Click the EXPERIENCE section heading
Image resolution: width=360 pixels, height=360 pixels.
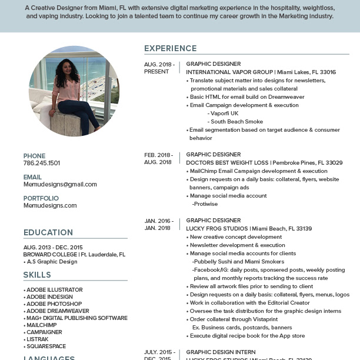pos(171,48)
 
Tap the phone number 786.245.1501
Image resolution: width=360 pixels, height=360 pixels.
pos(41,163)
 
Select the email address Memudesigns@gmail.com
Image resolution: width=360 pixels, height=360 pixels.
pos(60,184)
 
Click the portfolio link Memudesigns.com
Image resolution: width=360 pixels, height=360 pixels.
pos(50,205)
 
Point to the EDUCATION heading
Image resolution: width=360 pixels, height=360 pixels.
pos(48,232)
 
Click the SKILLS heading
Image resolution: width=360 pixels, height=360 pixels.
pos(37,275)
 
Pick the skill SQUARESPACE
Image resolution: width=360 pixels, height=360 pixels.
pos(46,346)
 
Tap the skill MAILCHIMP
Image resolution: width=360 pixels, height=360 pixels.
pos(41,325)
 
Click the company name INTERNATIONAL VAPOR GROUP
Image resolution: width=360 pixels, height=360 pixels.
pos(230,72)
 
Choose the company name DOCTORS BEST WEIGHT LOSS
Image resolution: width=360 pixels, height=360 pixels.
pos(227,162)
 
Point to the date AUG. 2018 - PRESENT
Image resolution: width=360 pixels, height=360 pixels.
pos(159,68)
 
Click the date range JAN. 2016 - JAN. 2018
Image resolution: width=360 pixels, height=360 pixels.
pos(158,224)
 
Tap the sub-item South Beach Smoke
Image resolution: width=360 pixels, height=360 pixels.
pos(237,122)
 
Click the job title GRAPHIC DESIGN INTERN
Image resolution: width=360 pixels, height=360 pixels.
pos(221,352)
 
